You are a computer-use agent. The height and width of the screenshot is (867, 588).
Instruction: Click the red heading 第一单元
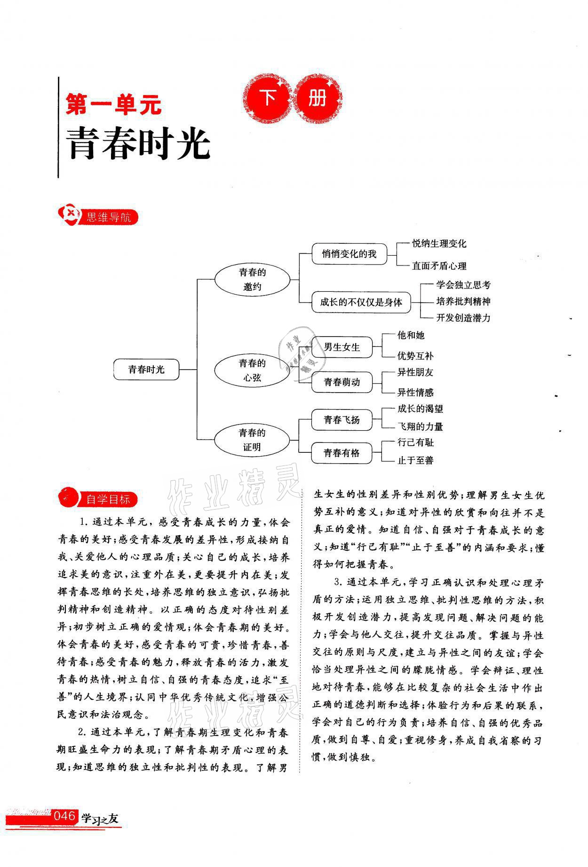[113, 104]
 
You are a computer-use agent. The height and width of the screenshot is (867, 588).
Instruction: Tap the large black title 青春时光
[139, 144]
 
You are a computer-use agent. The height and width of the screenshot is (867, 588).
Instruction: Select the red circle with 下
[269, 99]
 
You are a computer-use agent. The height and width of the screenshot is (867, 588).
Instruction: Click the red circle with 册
[318, 99]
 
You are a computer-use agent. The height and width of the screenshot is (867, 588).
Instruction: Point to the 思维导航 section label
[108, 217]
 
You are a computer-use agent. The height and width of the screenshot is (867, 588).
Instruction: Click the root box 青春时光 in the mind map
[146, 369]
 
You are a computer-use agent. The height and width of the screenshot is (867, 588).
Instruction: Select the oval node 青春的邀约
[252, 279]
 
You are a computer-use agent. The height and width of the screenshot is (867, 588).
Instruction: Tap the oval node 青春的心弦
[252, 370]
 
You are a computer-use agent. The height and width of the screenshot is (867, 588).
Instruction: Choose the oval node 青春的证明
[252, 440]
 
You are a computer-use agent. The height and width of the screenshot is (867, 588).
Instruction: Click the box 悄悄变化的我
[349, 254]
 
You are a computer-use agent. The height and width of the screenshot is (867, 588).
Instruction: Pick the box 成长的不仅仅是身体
[361, 302]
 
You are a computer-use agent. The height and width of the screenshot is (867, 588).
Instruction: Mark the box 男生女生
[342, 347]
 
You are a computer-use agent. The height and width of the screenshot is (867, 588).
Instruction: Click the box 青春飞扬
[342, 420]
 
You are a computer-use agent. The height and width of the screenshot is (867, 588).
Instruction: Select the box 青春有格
[342, 453]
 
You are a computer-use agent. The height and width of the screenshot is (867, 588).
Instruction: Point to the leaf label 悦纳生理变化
[439, 243]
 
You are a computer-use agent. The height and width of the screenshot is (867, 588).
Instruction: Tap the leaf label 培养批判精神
[463, 301]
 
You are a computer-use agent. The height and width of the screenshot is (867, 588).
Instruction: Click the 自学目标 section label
[108, 499]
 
